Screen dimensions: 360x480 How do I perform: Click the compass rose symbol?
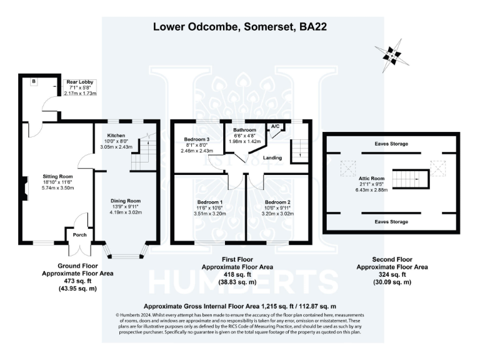click(392, 55)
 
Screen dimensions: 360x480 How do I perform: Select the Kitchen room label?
click(116, 135)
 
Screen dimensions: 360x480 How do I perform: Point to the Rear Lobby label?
click(81, 82)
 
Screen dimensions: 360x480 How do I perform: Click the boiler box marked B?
click(34, 81)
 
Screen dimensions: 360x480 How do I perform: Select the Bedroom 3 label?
click(196, 139)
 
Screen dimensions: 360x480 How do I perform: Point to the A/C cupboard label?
click(274, 126)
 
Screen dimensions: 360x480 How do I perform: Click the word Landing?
click(272, 157)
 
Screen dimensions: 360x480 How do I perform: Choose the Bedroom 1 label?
click(210, 202)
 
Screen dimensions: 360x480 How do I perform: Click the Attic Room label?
click(367, 177)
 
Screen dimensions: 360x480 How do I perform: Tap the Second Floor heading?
click(392, 259)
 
